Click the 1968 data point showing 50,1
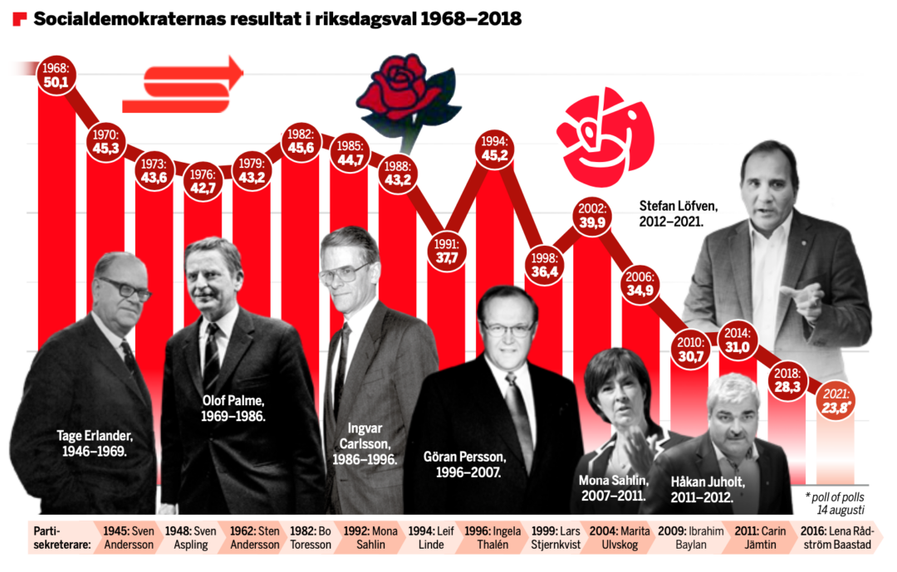(x=56, y=75)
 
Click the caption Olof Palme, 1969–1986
(x=233, y=407)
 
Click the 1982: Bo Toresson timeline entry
(x=311, y=537)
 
